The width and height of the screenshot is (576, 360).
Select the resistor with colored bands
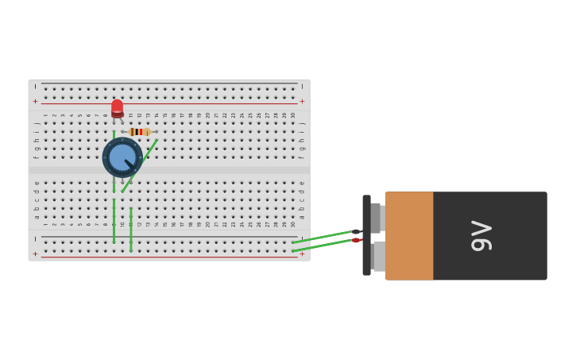138,132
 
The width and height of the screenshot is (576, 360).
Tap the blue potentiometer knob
122,157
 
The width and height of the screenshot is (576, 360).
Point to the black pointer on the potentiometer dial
129,164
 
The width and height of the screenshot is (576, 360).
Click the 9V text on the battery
481,236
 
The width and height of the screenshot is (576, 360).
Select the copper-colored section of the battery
409,236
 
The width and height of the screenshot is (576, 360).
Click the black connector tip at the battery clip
357,231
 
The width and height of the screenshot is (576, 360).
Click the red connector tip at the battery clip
356,240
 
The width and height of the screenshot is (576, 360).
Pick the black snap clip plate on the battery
366,235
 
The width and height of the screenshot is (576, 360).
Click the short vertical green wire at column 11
130,230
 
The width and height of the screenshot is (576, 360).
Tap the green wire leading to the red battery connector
322,246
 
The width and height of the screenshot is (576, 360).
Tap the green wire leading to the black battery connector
322,236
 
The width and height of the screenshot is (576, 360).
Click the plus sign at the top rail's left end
35,102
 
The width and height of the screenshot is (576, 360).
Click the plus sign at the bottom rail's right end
302,254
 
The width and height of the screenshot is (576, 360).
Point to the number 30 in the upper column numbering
293,115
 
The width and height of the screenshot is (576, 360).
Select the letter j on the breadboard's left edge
36,123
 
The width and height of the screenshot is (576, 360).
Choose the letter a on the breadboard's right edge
302,216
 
